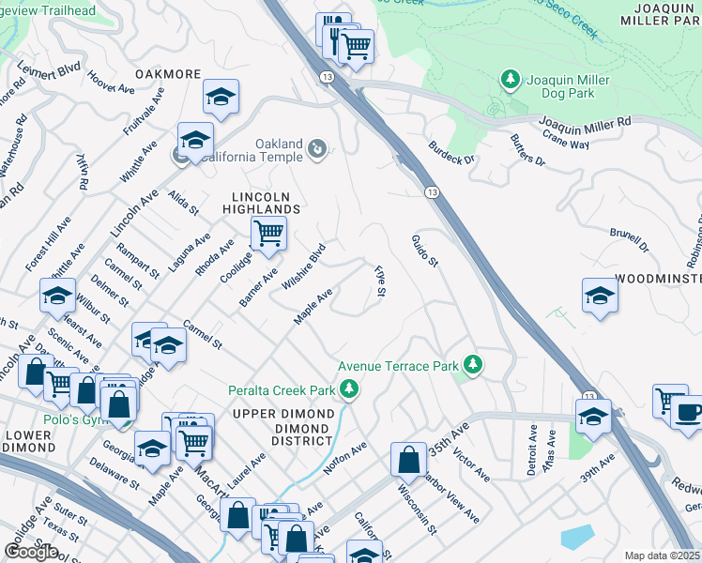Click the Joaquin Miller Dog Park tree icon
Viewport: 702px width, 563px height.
click(511, 80)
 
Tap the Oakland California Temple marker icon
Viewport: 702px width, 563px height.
click(318, 147)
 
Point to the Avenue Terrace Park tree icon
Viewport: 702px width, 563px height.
click(474, 365)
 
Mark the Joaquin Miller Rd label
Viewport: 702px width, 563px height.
click(584, 123)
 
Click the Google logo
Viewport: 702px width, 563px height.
click(31, 551)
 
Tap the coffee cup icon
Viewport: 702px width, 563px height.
click(687, 412)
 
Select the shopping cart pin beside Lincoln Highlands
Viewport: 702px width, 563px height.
click(268, 232)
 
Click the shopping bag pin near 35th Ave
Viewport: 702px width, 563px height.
click(408, 460)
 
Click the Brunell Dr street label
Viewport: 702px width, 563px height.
click(629, 239)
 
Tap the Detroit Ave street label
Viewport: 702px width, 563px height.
click(532, 453)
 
